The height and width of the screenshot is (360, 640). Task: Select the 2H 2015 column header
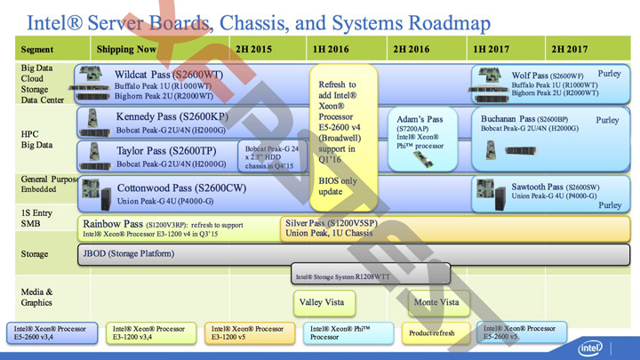tap(254, 49)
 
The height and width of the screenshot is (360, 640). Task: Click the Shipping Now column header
tap(127, 49)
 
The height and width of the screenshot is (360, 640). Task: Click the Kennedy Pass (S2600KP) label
tap(172, 116)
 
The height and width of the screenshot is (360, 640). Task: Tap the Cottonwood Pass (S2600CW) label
tap(181, 188)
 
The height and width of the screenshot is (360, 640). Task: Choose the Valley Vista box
tap(321, 302)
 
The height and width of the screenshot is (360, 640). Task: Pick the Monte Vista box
tap(437, 302)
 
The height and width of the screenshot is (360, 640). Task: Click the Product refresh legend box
tap(432, 333)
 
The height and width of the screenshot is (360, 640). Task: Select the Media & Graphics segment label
tap(37, 297)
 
